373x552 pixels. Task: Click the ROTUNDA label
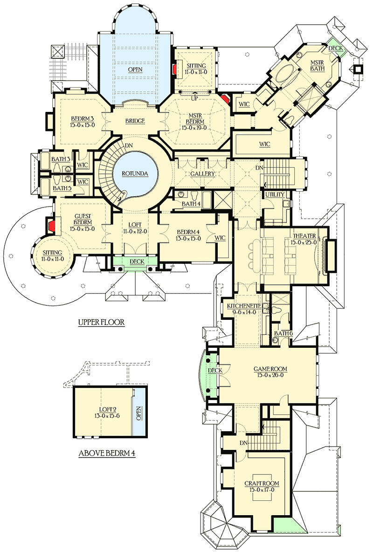click(136, 173)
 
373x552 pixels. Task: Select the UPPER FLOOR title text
click(101, 322)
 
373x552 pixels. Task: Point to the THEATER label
click(304, 235)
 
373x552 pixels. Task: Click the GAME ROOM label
click(270, 369)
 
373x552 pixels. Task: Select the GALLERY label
click(202, 173)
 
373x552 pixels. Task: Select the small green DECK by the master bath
click(335, 48)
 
